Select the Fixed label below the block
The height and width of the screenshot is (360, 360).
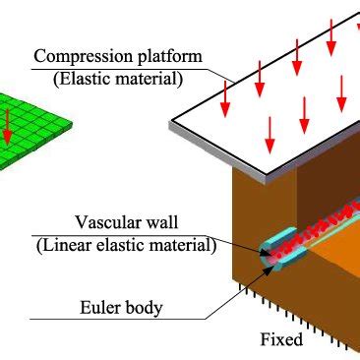coord(281,340)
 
